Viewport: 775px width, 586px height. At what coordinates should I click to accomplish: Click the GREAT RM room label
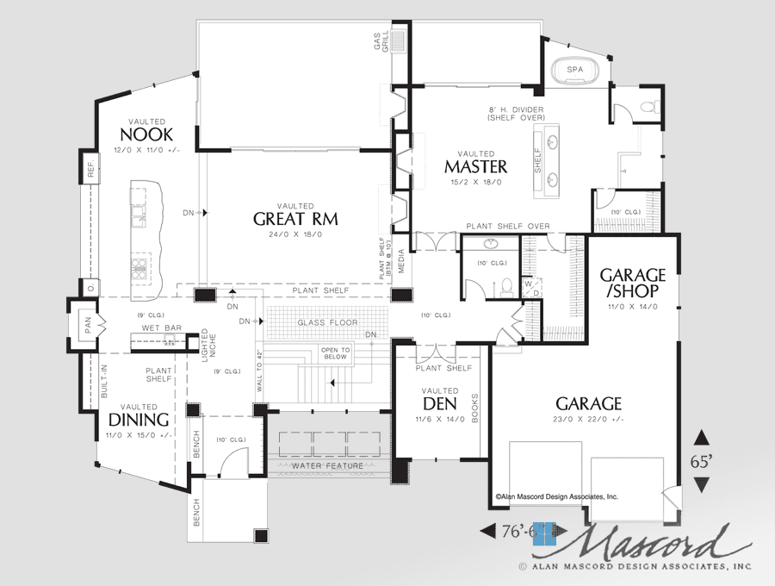[x=295, y=219]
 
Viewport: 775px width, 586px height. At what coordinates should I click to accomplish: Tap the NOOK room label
[x=146, y=135]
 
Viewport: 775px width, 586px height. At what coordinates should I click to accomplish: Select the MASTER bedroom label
[x=475, y=166]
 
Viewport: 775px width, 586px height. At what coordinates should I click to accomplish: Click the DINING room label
[x=138, y=420]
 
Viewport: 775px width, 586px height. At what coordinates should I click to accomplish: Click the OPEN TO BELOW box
[x=335, y=352]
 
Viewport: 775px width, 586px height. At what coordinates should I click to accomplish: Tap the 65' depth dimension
[x=701, y=461]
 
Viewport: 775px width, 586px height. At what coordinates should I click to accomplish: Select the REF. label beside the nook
[x=90, y=168]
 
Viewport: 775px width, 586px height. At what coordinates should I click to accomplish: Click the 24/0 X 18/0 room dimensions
[x=295, y=235]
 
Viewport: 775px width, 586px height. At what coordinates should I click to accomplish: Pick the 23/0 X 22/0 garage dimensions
[x=588, y=420]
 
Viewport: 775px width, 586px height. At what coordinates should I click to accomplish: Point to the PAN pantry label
[x=89, y=325]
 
